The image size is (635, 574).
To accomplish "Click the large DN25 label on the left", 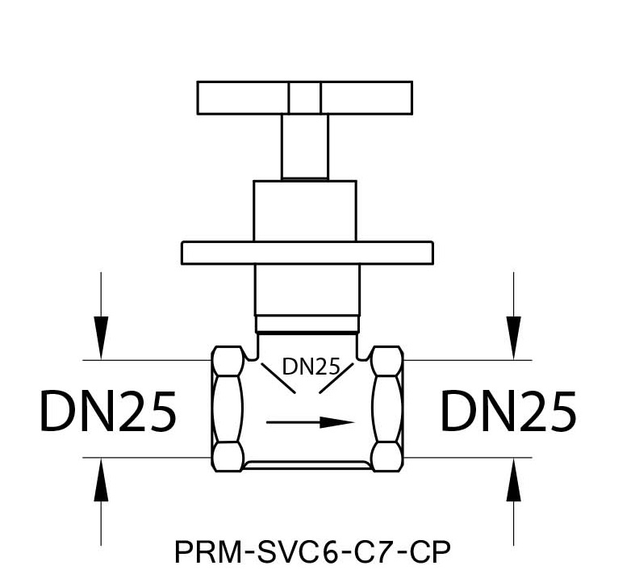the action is pyautogui.click(x=108, y=410).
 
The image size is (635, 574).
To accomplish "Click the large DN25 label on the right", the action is pyautogui.click(x=508, y=410).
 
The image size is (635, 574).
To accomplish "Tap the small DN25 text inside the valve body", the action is pyautogui.click(x=311, y=367).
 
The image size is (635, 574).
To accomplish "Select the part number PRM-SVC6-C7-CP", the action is pyautogui.click(x=312, y=551).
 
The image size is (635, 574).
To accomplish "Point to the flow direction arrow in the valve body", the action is pyautogui.click(x=311, y=422).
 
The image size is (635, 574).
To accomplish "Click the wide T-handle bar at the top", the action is pyautogui.click(x=305, y=98).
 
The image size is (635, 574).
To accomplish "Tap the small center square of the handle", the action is pyautogui.click(x=305, y=98).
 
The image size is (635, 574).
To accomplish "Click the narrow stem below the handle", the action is pyautogui.click(x=305, y=146).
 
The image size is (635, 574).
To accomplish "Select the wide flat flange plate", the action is pyautogui.click(x=307, y=253).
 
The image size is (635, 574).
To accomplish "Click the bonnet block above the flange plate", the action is pyautogui.click(x=305, y=211).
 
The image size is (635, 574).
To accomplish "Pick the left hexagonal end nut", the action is pyautogui.click(x=228, y=409).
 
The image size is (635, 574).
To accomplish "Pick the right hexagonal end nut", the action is pyautogui.click(x=387, y=409).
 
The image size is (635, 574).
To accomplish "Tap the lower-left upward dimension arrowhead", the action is pyautogui.click(x=101, y=480).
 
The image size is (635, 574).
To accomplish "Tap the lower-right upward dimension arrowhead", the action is pyautogui.click(x=513, y=480).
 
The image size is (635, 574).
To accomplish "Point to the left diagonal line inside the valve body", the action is pyautogui.click(x=278, y=378).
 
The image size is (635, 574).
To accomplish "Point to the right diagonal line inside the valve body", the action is pyautogui.click(x=336, y=378).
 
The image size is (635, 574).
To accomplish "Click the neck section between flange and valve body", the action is pyautogui.click(x=307, y=290).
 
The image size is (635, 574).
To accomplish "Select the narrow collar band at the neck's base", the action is pyautogui.click(x=307, y=324).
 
